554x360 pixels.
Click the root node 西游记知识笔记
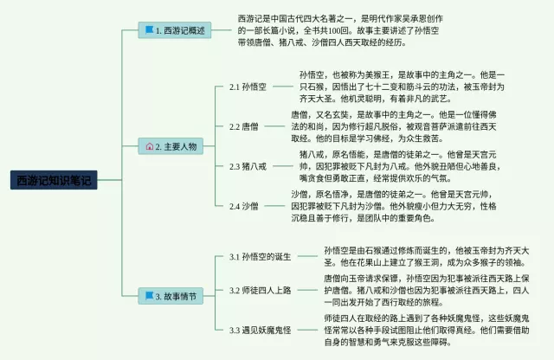coord(53,180)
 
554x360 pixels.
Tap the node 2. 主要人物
coord(177,146)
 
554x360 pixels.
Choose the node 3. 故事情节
coord(176,296)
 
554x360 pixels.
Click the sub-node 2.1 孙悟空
coord(248,87)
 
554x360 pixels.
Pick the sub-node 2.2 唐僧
coord(243,126)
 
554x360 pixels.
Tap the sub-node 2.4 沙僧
coord(243,206)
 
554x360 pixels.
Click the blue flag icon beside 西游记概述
coord(149,30)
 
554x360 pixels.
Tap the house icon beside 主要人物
coord(149,146)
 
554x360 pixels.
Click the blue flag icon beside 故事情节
coord(149,296)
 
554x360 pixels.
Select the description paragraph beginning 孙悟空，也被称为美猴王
coord(402,87)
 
